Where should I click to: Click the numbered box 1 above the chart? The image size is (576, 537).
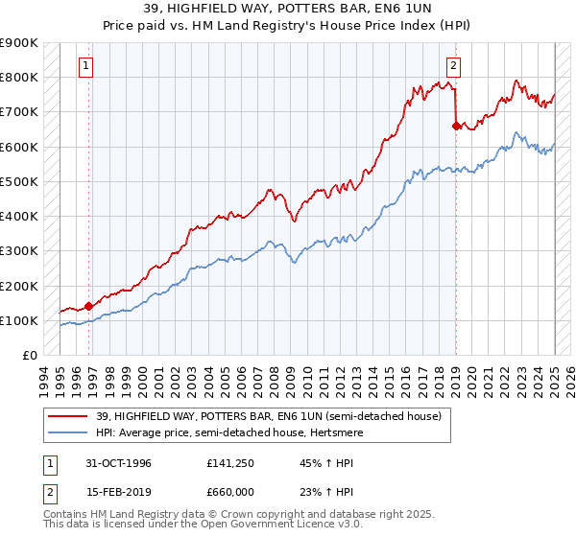tap(87, 66)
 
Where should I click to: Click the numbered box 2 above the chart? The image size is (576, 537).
tap(453, 66)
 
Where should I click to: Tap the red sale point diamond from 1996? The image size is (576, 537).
tap(89, 306)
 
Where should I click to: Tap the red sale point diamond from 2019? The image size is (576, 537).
tap(455, 125)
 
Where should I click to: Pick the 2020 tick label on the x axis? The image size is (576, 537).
tap(471, 377)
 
